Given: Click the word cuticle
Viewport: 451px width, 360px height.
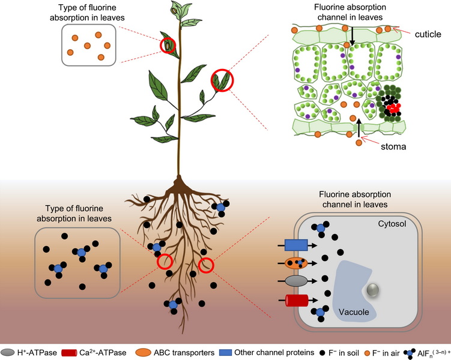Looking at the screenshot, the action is coord(428,34).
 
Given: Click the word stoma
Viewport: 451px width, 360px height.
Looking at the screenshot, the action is coord(393,146).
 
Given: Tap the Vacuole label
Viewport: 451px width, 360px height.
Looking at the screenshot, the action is coord(354,312).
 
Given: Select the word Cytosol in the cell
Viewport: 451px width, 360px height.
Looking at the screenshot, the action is coord(392,224).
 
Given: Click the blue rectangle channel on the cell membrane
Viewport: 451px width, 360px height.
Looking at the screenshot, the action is coord(296,245).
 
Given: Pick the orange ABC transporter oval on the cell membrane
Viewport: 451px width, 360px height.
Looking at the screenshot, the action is coord(296,263).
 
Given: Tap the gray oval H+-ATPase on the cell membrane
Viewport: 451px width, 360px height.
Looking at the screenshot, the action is coord(296,281).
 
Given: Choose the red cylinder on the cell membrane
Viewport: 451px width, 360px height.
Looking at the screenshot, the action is coord(297,301).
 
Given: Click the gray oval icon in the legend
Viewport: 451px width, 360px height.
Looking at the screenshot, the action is coord(7,353).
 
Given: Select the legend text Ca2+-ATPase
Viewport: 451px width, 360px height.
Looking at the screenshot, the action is coord(103,353).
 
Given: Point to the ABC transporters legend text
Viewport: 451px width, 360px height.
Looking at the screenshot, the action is coord(184,353).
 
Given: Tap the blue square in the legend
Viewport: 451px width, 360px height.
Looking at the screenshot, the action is coord(225,353).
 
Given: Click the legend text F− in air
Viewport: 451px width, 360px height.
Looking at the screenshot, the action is coord(386,353).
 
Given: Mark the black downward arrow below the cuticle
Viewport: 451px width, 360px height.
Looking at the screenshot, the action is coord(352,36).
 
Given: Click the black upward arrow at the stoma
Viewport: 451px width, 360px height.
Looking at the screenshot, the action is coord(359,128).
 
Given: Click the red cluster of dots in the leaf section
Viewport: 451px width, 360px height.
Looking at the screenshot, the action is coord(393,108).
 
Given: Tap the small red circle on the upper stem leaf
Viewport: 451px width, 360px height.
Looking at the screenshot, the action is coord(168,46).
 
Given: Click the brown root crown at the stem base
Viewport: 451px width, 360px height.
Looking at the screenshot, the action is coord(179,185).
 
